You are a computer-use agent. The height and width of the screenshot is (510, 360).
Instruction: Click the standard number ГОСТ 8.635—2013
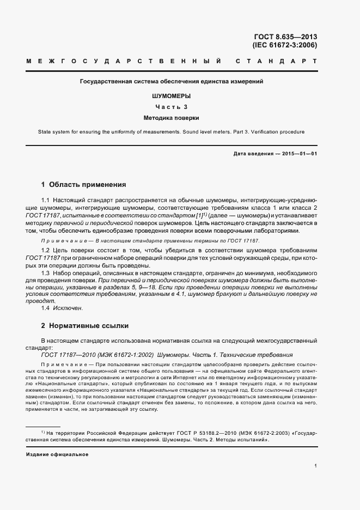click(x=285, y=37)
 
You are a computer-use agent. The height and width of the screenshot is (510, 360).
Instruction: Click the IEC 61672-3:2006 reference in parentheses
click(x=285, y=46)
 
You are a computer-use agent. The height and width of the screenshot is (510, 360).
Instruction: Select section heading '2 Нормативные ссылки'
click(x=85, y=326)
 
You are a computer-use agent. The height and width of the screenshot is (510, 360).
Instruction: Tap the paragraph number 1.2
click(x=46, y=249)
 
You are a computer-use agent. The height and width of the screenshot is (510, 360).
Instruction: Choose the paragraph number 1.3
click(x=46, y=272)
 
